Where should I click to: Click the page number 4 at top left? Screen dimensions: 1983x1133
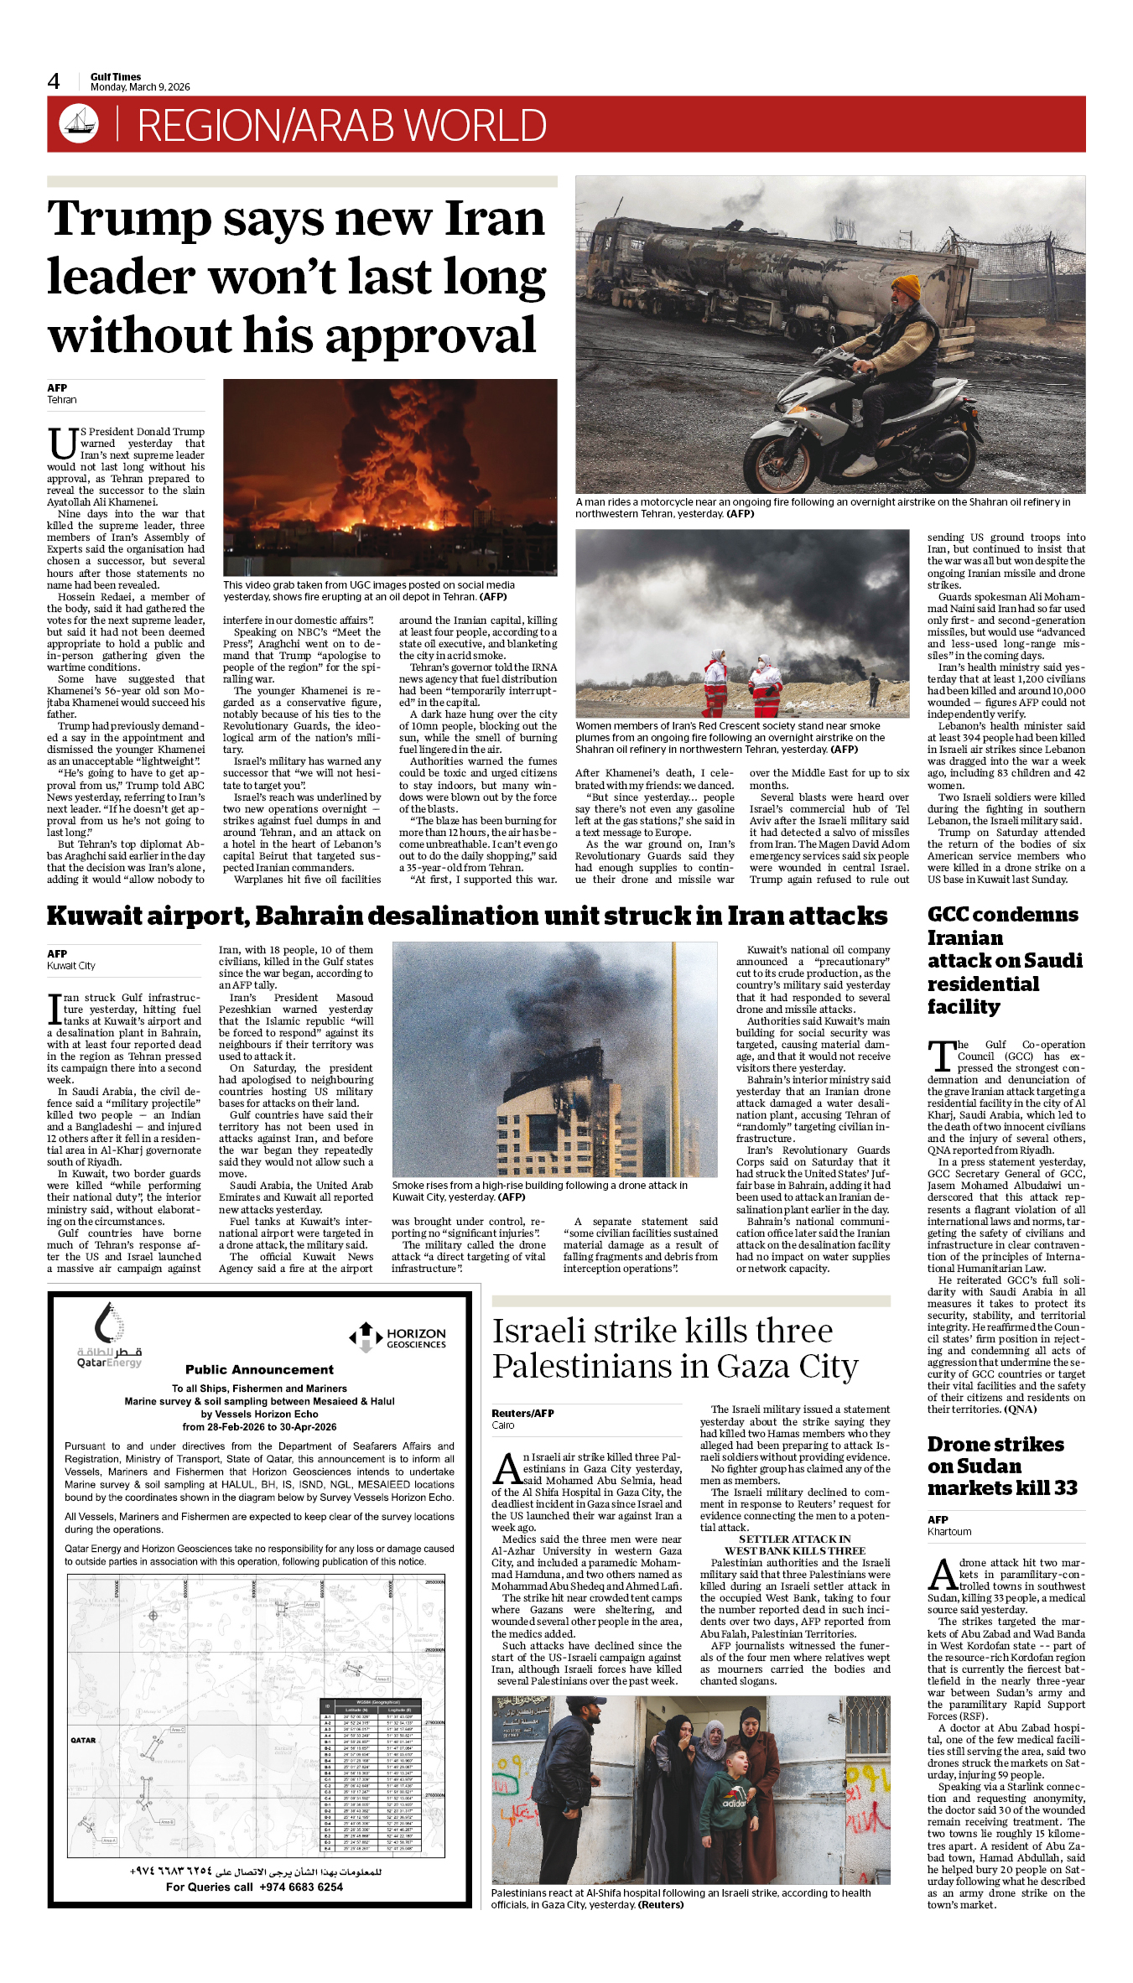54,81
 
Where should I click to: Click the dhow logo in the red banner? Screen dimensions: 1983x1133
79,124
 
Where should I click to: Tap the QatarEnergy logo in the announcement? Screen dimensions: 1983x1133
109,1335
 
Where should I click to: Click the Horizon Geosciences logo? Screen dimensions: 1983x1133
398,1337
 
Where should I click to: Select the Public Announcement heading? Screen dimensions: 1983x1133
259,1369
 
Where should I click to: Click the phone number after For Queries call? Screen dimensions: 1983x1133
301,1887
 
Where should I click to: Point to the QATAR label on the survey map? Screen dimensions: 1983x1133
83,1740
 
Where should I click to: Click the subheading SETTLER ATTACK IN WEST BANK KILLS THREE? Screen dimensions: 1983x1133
794,1544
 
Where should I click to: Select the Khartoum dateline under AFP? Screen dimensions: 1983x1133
949,1531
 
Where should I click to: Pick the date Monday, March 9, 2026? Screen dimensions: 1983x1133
140,87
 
